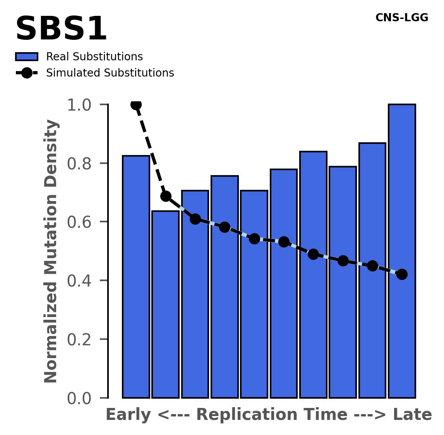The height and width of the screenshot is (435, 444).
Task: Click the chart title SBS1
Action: pos(61,29)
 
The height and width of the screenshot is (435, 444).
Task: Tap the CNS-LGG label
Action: pos(402,18)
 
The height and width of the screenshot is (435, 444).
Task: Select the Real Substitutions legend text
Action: pos(94,57)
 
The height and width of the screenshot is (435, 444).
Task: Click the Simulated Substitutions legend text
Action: pos(110,73)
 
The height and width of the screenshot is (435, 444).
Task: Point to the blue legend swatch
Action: pos(27,57)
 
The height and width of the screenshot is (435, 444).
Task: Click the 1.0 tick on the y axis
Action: pos(82,105)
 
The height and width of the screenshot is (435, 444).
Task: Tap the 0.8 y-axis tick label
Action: pos(82,164)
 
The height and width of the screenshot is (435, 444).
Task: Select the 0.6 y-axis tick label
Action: pos(82,222)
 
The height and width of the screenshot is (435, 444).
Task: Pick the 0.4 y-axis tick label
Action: pos(82,281)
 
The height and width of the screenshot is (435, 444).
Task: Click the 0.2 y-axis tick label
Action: pos(82,340)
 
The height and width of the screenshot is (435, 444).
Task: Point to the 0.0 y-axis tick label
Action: pos(82,398)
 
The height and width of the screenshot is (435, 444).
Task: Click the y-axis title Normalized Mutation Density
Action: pos(51,251)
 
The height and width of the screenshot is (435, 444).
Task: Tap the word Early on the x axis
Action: pos(129,415)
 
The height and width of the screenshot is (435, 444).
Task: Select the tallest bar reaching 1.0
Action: pos(402,251)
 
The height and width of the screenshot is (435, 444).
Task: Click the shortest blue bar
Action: pos(165,305)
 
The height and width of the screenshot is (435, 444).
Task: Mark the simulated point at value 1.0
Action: pos(136,104)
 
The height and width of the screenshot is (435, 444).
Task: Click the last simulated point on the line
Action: pos(402,274)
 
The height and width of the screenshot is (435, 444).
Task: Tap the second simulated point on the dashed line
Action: pos(166,196)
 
